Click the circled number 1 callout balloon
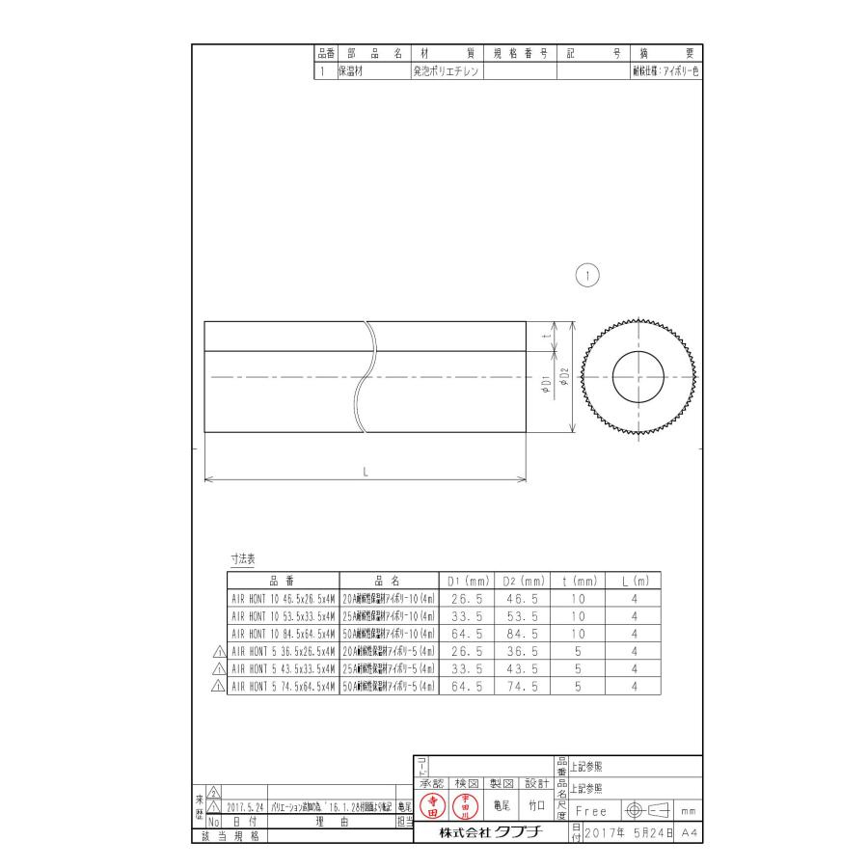click(587, 276)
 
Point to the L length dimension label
click(366, 471)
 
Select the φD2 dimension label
click(565, 377)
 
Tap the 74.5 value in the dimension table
click(523, 686)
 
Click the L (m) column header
click(634, 582)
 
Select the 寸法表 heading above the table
click(242, 558)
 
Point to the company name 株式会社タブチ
click(483, 832)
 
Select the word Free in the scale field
click(592, 812)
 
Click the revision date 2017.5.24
click(246, 805)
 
